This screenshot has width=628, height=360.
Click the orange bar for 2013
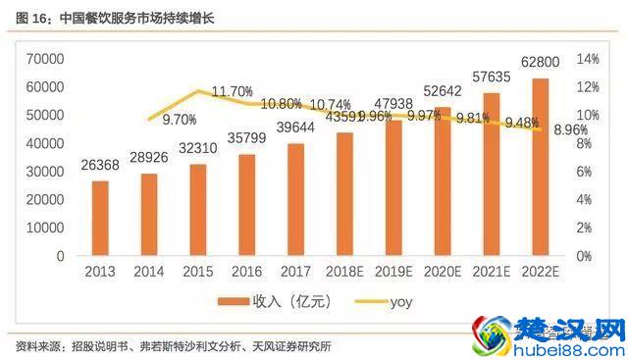pyautogui.click(x=100, y=218)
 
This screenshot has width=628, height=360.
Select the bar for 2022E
pyautogui.click(x=540, y=167)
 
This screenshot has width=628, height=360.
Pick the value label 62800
pyautogui.click(x=540, y=64)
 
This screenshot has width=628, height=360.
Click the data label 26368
pyautogui.click(x=99, y=165)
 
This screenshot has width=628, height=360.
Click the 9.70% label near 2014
pyautogui.click(x=180, y=120)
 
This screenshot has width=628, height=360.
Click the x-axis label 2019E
pyautogui.click(x=392, y=272)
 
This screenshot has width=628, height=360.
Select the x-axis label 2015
pyautogui.click(x=197, y=272)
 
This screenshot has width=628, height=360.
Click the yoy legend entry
pyautogui.click(x=385, y=301)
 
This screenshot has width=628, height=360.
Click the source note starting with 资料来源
pyautogui.click(x=172, y=346)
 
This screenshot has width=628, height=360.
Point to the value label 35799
pyautogui.click(x=246, y=138)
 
